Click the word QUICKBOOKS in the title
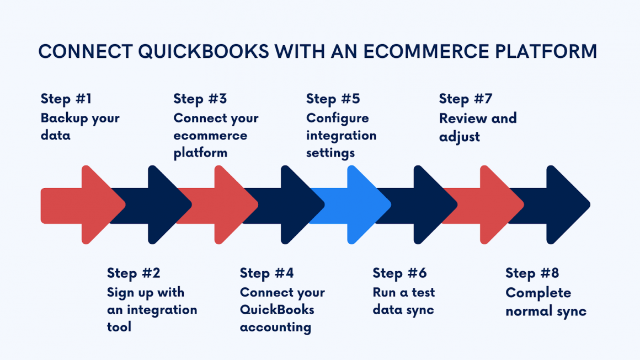(x=204, y=51)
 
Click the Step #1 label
(x=66, y=99)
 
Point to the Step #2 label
(x=134, y=273)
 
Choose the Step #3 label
(x=200, y=99)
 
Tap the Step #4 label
(x=267, y=273)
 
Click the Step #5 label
(x=333, y=99)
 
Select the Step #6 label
(x=400, y=273)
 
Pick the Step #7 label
(x=466, y=99)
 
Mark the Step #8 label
(x=532, y=273)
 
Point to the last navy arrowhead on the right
(x=566, y=205)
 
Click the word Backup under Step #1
(x=61, y=118)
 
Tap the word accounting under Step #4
(x=275, y=327)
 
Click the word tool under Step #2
(x=119, y=327)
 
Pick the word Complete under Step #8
(x=530, y=293)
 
